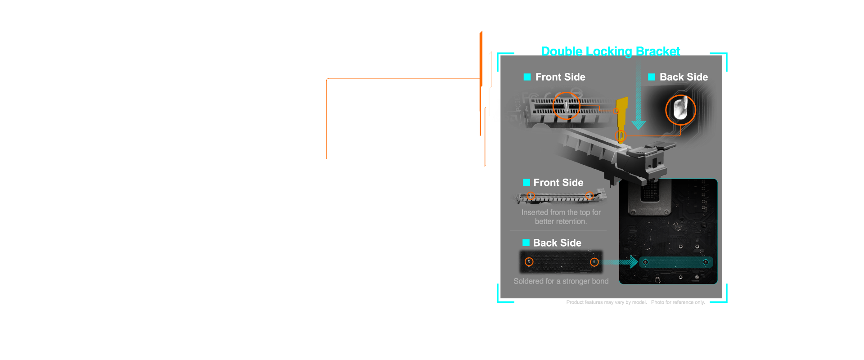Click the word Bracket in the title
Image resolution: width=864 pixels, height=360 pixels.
658,52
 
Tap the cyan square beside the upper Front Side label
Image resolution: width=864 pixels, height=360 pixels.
527,77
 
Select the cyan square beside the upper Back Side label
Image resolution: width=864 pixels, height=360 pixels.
652,77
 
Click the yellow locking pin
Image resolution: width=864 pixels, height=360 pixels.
622,112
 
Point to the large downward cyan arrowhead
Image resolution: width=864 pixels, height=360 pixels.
638,124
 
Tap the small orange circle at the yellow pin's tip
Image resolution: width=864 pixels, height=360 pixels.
621,135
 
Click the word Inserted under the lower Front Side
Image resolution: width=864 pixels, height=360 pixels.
535,212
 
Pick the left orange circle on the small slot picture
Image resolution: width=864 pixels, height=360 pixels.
531,196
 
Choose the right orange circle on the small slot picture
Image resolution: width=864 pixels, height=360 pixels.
589,196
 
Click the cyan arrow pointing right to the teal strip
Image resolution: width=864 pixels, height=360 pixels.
621,262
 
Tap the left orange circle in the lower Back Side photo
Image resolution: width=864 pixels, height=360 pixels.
529,262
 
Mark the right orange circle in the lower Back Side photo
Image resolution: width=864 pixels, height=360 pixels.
594,262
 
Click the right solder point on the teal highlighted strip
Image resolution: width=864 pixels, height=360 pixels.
706,262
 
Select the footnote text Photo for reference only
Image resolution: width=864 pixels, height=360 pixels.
678,302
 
